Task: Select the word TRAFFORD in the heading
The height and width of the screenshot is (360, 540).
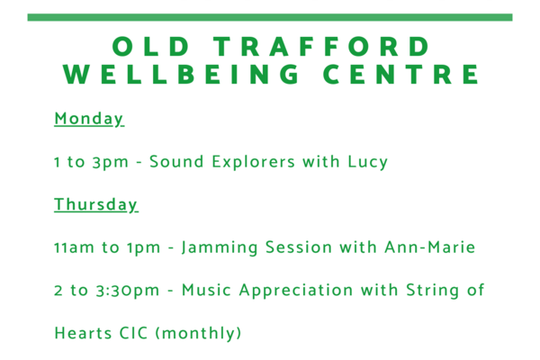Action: [x=321, y=46]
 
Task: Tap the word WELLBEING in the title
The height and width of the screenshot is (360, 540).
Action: [x=181, y=74]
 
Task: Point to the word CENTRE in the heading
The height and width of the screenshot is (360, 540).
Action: [x=400, y=74]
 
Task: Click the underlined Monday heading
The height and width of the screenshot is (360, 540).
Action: [x=89, y=119]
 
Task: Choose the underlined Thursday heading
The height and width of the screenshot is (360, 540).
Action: [x=96, y=204]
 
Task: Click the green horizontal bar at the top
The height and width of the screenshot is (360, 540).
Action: [x=270, y=17]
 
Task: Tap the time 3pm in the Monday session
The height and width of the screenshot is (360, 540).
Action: [x=110, y=162]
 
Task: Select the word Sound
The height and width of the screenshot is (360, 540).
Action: [x=176, y=161]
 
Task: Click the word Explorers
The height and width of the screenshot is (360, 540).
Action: [x=254, y=162]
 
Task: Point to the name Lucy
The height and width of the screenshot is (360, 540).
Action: [x=367, y=162]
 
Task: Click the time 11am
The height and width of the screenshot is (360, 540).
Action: [x=74, y=247]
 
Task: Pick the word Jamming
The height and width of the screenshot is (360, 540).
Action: [x=220, y=247]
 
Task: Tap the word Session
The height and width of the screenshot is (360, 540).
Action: [x=299, y=247]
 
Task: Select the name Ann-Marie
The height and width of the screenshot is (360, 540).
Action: [x=430, y=247]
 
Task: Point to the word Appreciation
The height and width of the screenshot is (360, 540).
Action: [x=296, y=291]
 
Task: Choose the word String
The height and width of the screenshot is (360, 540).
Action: [x=432, y=291]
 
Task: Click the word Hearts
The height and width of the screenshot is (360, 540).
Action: [x=83, y=333]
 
